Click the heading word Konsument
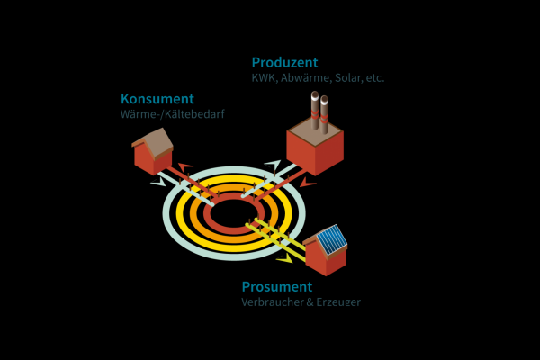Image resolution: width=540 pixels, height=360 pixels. tap(157, 98)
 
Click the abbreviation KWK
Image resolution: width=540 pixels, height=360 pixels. tap(264, 78)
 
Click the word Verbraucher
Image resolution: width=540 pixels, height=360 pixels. tap(272, 302)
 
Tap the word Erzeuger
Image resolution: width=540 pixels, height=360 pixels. tap(338, 302)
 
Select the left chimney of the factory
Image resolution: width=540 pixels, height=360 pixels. tap(315, 110)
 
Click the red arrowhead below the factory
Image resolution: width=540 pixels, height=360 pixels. tap(308, 183)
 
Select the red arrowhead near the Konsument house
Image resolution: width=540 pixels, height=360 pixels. tap(185, 167)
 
